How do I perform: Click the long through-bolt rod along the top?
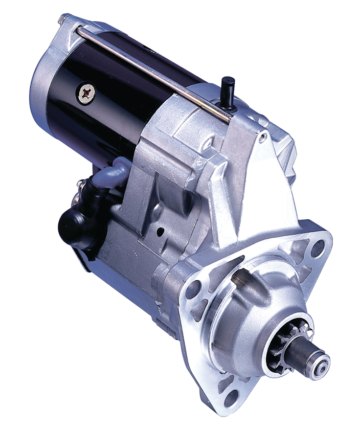153,72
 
